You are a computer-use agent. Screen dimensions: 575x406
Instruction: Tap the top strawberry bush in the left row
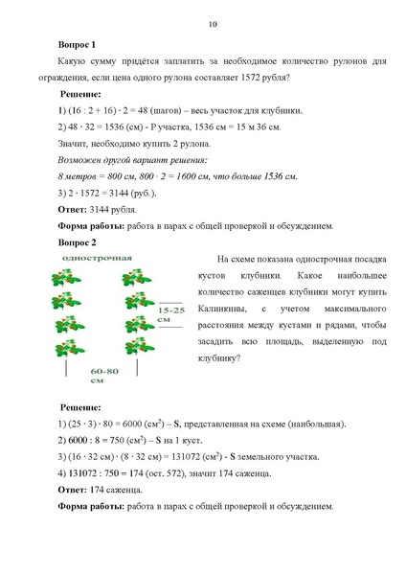[69, 278]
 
